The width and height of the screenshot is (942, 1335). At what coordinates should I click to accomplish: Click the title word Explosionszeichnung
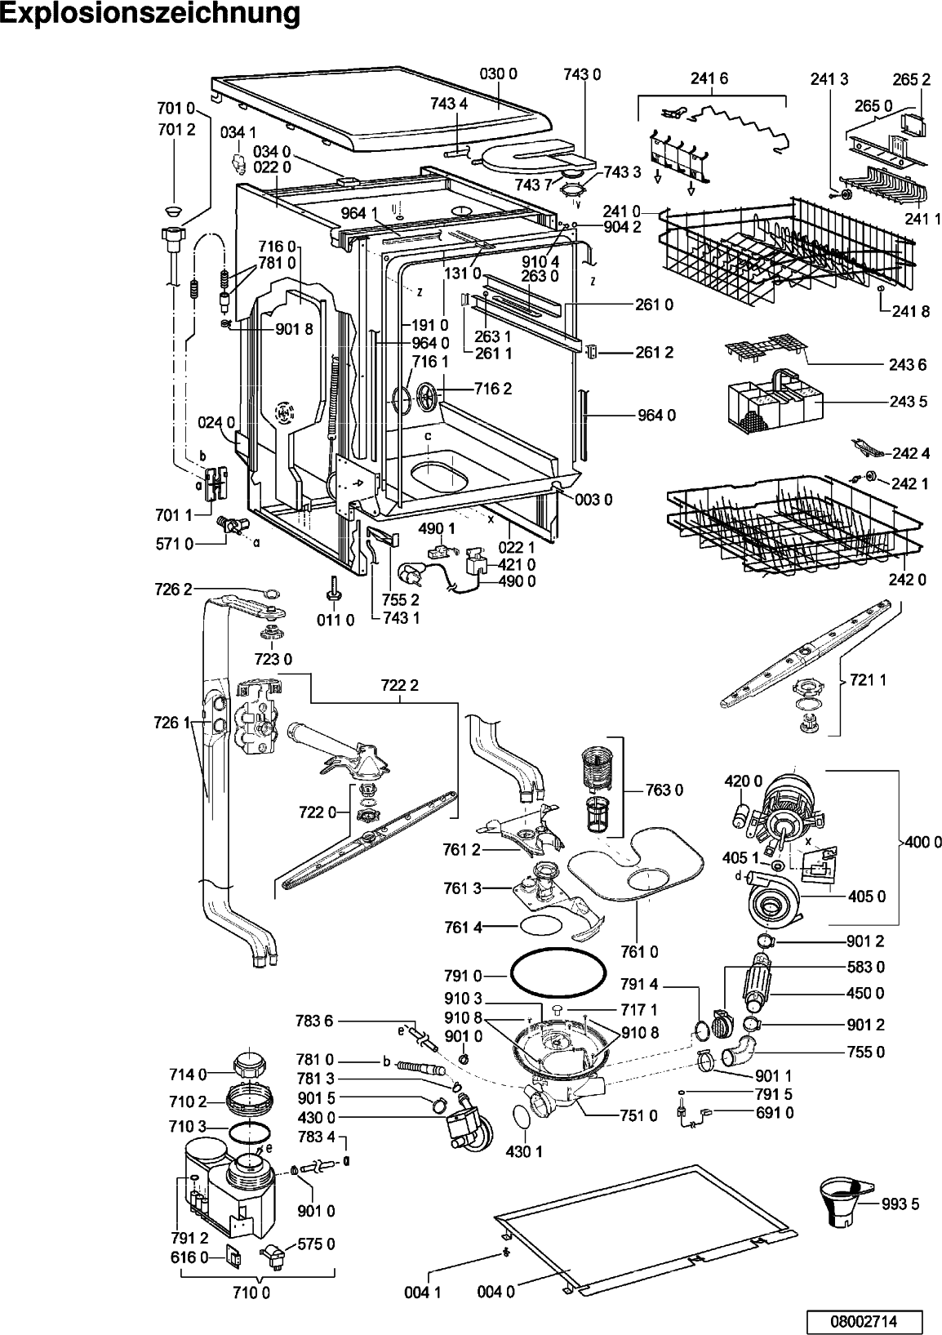point(151,14)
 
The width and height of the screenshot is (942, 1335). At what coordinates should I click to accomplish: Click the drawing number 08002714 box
point(864,1320)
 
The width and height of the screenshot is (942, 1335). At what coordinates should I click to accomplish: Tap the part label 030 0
point(498,74)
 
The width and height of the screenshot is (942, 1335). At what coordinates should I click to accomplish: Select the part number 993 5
point(900,1204)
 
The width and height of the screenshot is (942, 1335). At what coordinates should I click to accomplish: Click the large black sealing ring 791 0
point(557,972)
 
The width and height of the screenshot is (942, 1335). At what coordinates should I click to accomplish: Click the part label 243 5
point(909,402)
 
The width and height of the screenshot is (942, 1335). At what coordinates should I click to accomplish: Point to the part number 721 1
point(868,679)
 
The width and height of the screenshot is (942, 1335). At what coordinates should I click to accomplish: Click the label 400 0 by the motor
point(923,842)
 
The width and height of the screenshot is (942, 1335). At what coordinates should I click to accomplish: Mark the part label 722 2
point(400,685)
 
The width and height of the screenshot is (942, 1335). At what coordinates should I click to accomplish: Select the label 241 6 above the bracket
point(709,78)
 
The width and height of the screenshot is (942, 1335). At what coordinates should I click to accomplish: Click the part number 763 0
point(664,790)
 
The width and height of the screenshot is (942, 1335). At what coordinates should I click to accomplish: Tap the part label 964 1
point(360,213)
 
